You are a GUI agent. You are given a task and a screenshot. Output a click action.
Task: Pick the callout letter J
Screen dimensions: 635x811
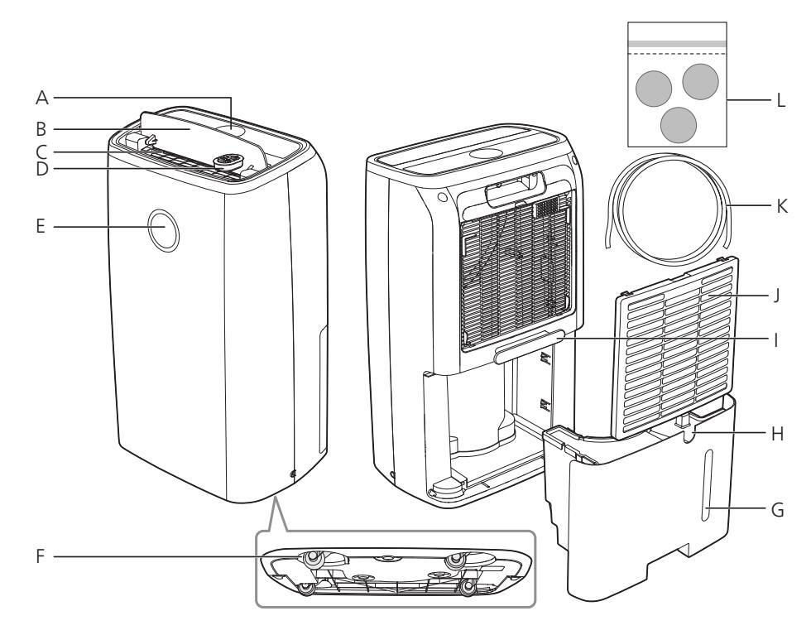pos(776,293)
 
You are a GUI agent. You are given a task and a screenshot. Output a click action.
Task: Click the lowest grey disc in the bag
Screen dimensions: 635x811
pos(679,123)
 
